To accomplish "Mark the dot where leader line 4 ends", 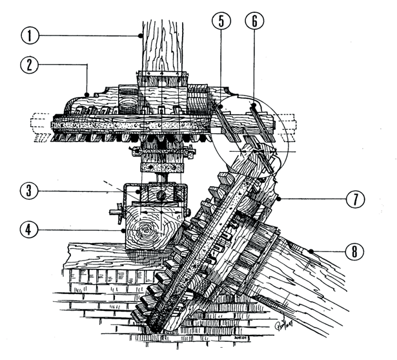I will (x=123, y=228).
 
